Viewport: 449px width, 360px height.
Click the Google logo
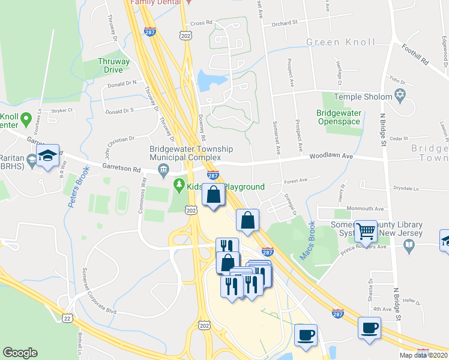20,353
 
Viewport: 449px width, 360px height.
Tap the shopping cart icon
366,230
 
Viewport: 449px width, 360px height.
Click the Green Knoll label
340,42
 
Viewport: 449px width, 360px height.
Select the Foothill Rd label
415,54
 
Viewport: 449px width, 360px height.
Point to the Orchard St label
285,23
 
